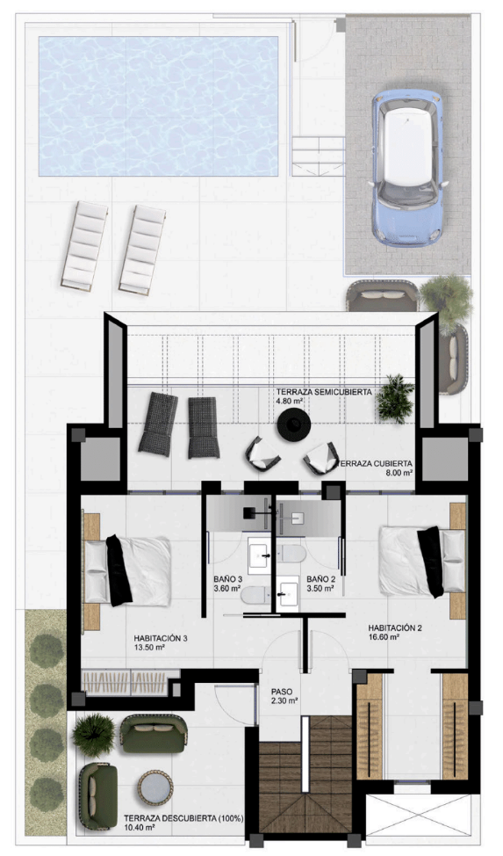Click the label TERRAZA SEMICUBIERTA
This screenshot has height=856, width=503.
323,391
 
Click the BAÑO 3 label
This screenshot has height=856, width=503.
232,580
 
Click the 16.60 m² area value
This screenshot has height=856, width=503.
384,638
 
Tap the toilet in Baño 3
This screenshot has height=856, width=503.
253,596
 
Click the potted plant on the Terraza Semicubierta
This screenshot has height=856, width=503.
396,397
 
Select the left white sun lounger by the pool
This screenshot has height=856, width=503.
85,243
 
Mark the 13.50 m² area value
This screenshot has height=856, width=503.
152,651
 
